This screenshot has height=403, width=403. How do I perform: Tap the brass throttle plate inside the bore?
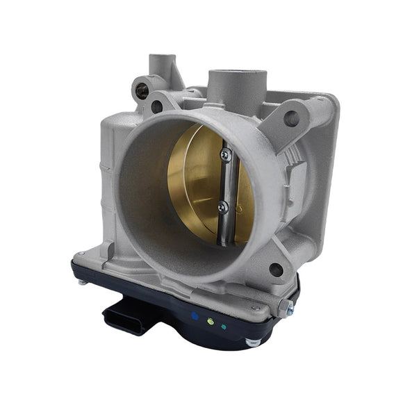click(195, 184)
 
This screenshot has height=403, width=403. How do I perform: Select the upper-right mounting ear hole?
click(291, 118)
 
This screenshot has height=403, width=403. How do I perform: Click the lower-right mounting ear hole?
click(276, 270)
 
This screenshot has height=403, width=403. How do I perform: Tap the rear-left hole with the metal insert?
click(142, 89)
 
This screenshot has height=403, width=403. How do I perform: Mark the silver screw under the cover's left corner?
click(83, 281)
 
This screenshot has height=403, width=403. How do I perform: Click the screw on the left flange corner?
click(82, 255)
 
